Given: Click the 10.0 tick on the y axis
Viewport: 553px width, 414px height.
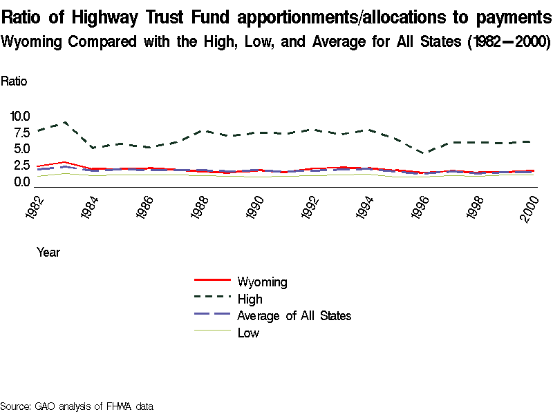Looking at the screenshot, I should point(18,116).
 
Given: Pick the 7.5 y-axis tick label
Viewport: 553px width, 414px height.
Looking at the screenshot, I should point(21,132).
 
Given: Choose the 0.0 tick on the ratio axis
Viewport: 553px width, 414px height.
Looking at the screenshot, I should point(21,182).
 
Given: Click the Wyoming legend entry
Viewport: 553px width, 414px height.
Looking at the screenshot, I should point(261,282).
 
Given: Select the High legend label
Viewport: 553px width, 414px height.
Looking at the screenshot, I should point(250,299).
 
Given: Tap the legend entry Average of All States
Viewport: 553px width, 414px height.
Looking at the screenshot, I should point(294,316).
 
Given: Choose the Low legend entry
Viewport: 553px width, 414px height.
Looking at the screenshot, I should point(248,333).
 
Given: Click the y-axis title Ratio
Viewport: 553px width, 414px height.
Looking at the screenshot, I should point(14,81).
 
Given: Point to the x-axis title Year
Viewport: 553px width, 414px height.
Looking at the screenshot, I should point(48,253).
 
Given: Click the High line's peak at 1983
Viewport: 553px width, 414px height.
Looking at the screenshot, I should point(64,122).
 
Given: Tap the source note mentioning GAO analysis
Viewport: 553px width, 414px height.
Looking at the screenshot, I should point(76,406).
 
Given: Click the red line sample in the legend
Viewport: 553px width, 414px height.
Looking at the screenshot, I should point(212,280).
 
